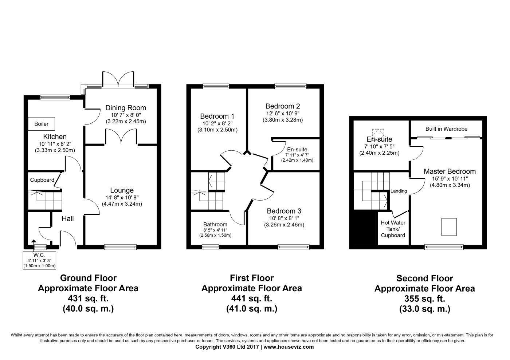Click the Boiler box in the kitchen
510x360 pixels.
42,124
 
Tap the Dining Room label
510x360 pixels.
126,108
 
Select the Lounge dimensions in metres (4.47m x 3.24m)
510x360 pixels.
122,204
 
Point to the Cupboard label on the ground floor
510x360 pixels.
42,180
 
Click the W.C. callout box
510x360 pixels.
39,261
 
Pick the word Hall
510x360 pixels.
68,219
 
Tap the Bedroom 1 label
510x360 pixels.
217,116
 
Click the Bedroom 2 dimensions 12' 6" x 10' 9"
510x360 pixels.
283,113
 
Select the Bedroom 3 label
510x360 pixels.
284,211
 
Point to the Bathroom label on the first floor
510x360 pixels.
215,224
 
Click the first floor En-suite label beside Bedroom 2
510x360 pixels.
297,150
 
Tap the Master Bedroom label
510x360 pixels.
450,171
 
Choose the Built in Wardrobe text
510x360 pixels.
446,129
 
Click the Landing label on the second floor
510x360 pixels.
399,191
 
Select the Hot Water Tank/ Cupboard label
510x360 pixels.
393,229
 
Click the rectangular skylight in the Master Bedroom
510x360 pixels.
449,227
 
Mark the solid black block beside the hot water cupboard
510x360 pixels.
364,229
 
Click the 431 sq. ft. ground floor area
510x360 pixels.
88,298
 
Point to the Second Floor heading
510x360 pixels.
425,278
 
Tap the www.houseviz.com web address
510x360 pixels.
289,347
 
